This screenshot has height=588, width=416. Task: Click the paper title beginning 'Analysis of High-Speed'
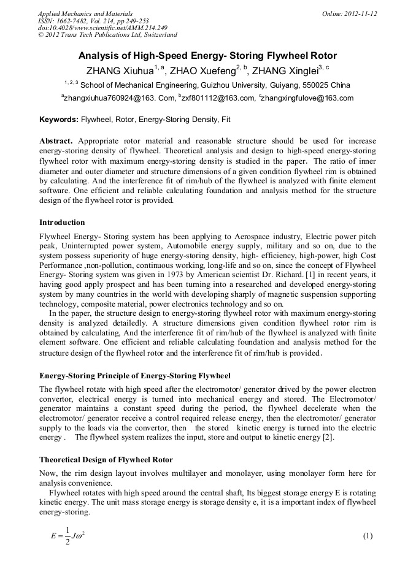207,55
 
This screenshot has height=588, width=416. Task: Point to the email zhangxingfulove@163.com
307,98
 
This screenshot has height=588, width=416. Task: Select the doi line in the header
102,28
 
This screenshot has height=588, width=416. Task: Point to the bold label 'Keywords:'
59,119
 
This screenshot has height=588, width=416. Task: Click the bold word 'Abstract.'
56,140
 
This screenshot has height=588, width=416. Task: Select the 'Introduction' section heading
62,222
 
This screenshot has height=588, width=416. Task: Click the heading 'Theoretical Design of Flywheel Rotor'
106,459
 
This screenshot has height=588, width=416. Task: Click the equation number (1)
368,536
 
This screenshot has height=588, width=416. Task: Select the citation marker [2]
329,437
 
